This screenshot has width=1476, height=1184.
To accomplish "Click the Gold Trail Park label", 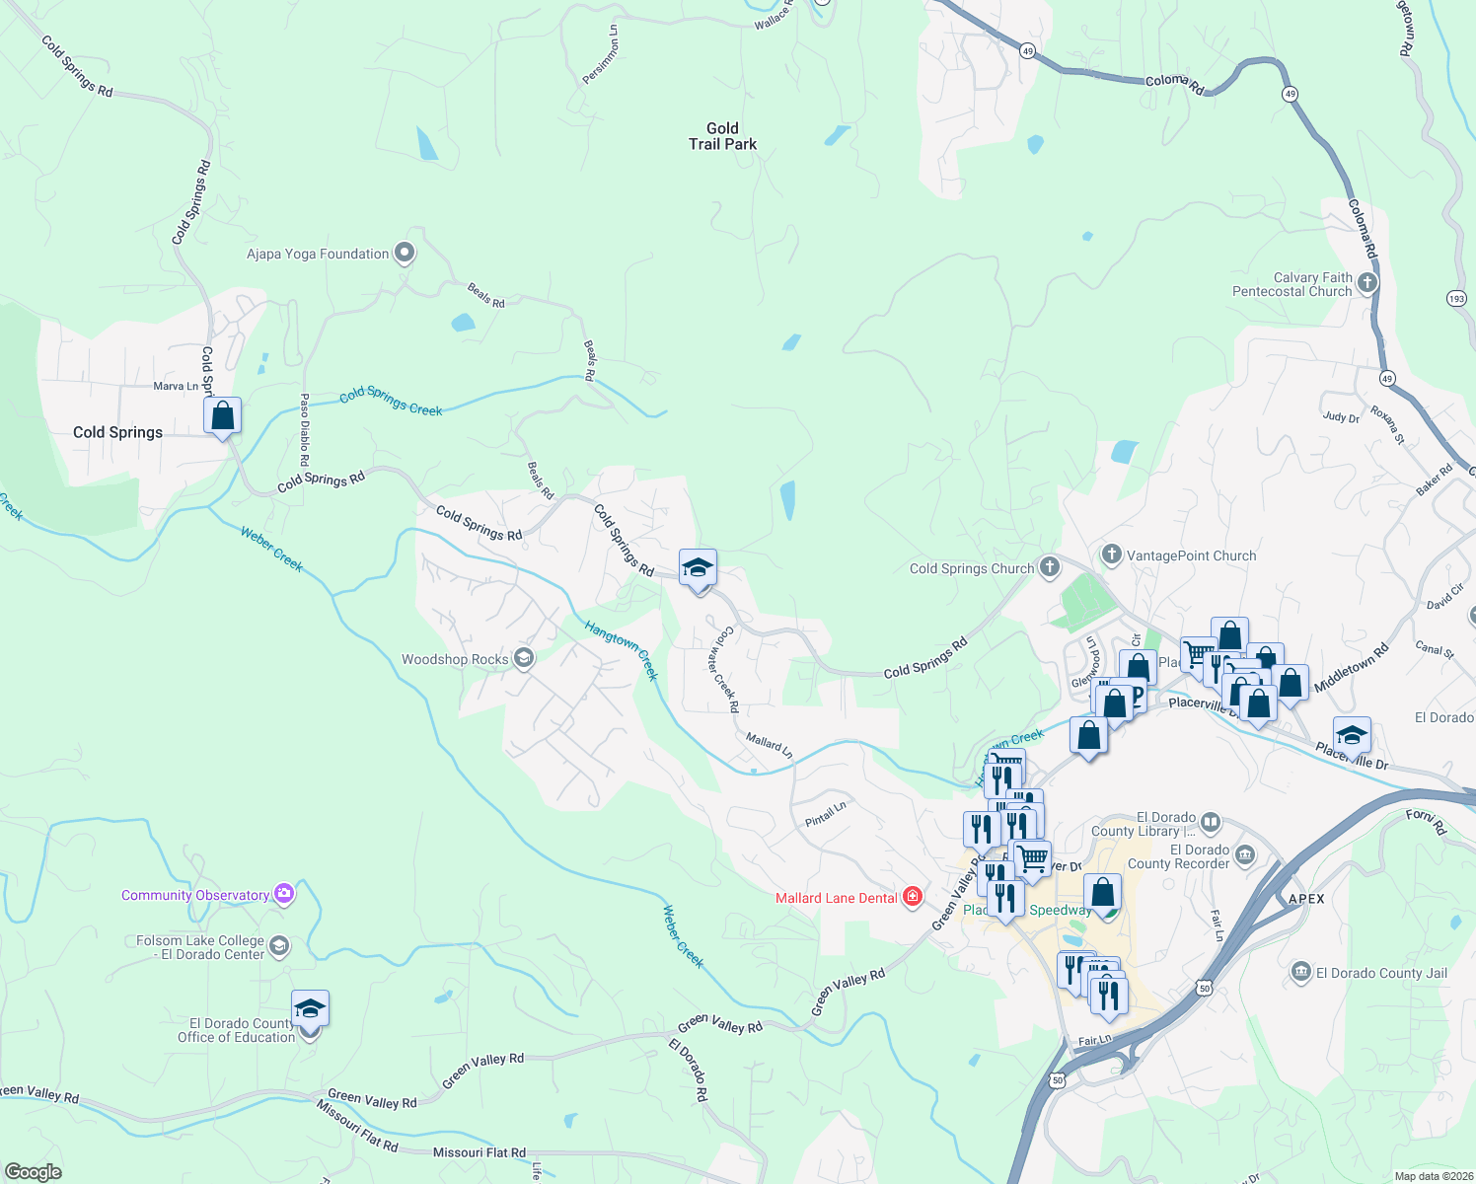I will point(722,136).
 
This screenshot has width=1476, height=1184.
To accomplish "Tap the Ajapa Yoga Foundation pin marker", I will point(405,254).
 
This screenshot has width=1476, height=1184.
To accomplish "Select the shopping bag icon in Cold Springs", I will point(223,415).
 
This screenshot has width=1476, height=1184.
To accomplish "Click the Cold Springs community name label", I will point(117,432).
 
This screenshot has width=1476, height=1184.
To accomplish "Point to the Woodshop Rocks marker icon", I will point(524,659).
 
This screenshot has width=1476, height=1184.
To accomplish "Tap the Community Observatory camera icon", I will point(284,894).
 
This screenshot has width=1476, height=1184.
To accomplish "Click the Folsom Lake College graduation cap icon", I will point(279,947).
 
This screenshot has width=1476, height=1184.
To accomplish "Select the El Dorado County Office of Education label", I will point(236,1030).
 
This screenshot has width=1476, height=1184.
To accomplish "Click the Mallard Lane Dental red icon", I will point(913,897).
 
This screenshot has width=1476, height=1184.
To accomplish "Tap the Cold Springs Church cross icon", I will point(1050,567).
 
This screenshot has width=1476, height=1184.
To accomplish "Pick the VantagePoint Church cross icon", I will point(1112,555).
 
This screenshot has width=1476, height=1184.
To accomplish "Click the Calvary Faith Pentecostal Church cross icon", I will point(1366,284).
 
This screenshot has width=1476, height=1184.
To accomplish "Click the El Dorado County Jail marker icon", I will point(1300,973).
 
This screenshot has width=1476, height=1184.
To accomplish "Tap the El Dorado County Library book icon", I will point(1211,822).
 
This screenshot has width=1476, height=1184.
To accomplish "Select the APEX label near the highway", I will point(1306,899).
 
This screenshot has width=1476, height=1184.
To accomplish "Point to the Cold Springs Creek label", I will point(391,403).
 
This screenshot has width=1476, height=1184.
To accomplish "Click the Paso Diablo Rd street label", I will point(305,430).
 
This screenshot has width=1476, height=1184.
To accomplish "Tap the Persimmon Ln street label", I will point(600,55).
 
